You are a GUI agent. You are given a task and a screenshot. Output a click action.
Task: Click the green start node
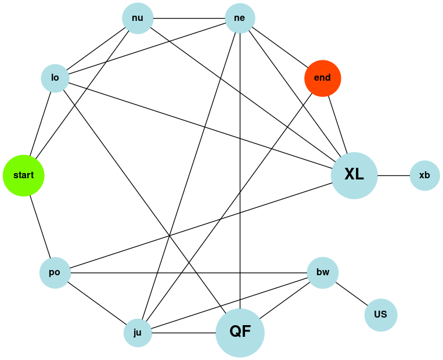click(23, 175)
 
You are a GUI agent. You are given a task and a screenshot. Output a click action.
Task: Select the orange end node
click(322, 78)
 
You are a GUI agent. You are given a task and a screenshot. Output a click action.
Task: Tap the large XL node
click(354, 175)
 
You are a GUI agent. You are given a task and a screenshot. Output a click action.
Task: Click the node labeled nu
click(138, 18)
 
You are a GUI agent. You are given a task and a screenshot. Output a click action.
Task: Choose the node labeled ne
click(240, 18)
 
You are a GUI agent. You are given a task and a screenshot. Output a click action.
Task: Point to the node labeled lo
click(55, 78)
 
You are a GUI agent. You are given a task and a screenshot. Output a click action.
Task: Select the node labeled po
click(55, 272)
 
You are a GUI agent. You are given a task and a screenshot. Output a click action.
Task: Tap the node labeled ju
click(138, 333)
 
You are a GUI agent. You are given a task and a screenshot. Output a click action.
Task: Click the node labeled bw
click(323, 272)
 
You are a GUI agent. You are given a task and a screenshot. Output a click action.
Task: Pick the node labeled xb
click(424, 175)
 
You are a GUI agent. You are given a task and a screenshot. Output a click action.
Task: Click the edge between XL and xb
click(394, 175)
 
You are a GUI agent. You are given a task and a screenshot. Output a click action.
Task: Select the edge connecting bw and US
click(351, 294)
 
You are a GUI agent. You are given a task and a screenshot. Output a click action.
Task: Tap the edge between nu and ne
click(189, 18)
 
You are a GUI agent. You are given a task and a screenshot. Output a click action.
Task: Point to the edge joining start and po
click(38, 222)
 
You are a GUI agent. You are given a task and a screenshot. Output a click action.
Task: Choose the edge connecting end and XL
click(337, 125)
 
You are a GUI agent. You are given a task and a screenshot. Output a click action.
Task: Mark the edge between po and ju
click(96, 303)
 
